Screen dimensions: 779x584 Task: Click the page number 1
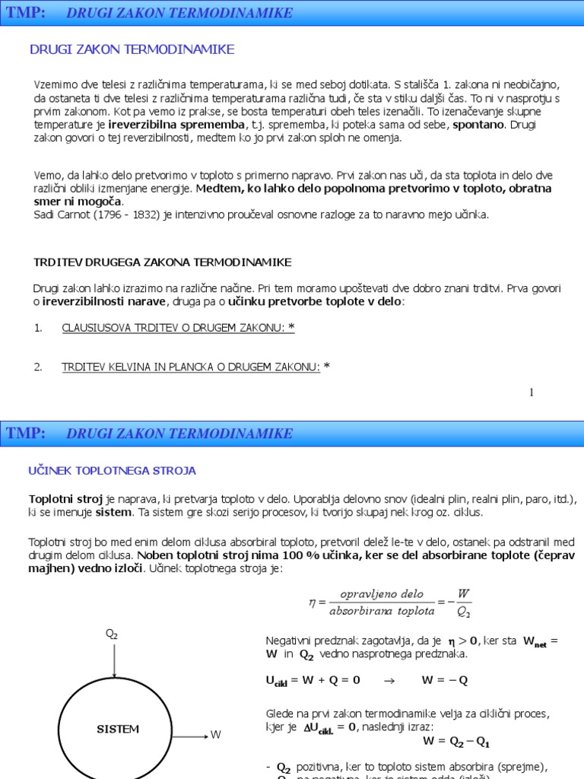[x=532, y=393]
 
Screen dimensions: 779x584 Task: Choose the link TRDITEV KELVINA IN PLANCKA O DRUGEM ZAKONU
[x=191, y=367]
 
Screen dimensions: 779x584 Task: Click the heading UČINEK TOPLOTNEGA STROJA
[x=112, y=471]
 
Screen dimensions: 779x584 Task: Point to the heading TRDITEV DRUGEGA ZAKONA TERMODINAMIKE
[x=162, y=262]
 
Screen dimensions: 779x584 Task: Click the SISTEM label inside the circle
[x=118, y=729]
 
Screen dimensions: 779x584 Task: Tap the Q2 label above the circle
[x=112, y=634]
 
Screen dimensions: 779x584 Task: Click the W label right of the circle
[x=216, y=735]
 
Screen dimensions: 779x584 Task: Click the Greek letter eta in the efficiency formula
[x=312, y=601]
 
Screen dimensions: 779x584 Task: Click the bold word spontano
[x=479, y=125]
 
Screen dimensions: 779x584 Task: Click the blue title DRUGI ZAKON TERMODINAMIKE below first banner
[x=132, y=49]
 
